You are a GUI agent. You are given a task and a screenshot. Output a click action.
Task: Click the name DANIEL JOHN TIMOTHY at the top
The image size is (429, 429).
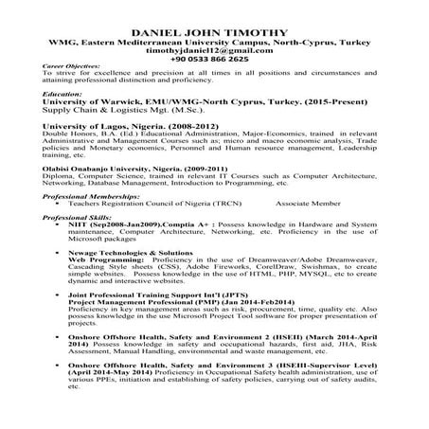214,31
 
